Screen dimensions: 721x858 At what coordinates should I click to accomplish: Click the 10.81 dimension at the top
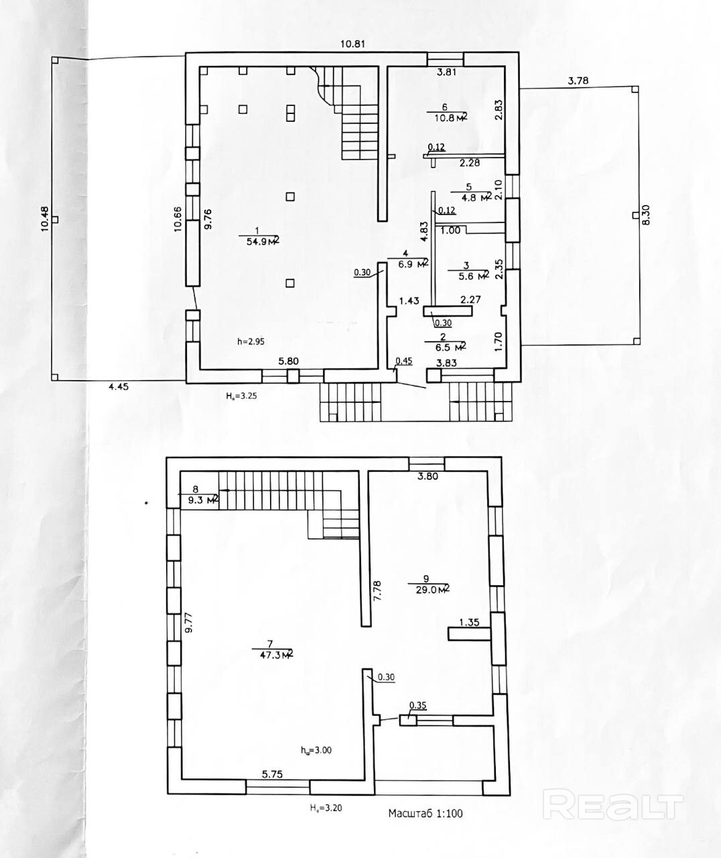click(x=352, y=44)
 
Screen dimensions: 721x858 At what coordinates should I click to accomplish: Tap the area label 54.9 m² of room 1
click(x=263, y=241)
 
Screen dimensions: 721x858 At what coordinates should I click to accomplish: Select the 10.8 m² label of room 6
click(x=451, y=117)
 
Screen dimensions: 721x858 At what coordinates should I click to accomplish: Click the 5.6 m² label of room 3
click(x=474, y=275)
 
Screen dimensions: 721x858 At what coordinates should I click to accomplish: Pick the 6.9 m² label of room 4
click(x=413, y=264)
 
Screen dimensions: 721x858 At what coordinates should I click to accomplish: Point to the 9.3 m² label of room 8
click(x=202, y=500)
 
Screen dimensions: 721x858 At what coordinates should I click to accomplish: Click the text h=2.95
click(x=251, y=341)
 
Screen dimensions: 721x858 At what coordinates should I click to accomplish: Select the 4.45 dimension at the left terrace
click(x=119, y=387)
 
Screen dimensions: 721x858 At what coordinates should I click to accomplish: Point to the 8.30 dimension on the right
click(x=646, y=215)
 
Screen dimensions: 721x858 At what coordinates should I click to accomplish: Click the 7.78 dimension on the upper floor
click(x=377, y=591)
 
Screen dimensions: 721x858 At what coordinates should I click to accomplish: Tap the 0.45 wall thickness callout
click(x=404, y=361)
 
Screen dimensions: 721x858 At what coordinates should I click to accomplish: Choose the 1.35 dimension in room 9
click(x=469, y=622)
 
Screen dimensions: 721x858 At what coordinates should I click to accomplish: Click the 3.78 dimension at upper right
click(x=578, y=81)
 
